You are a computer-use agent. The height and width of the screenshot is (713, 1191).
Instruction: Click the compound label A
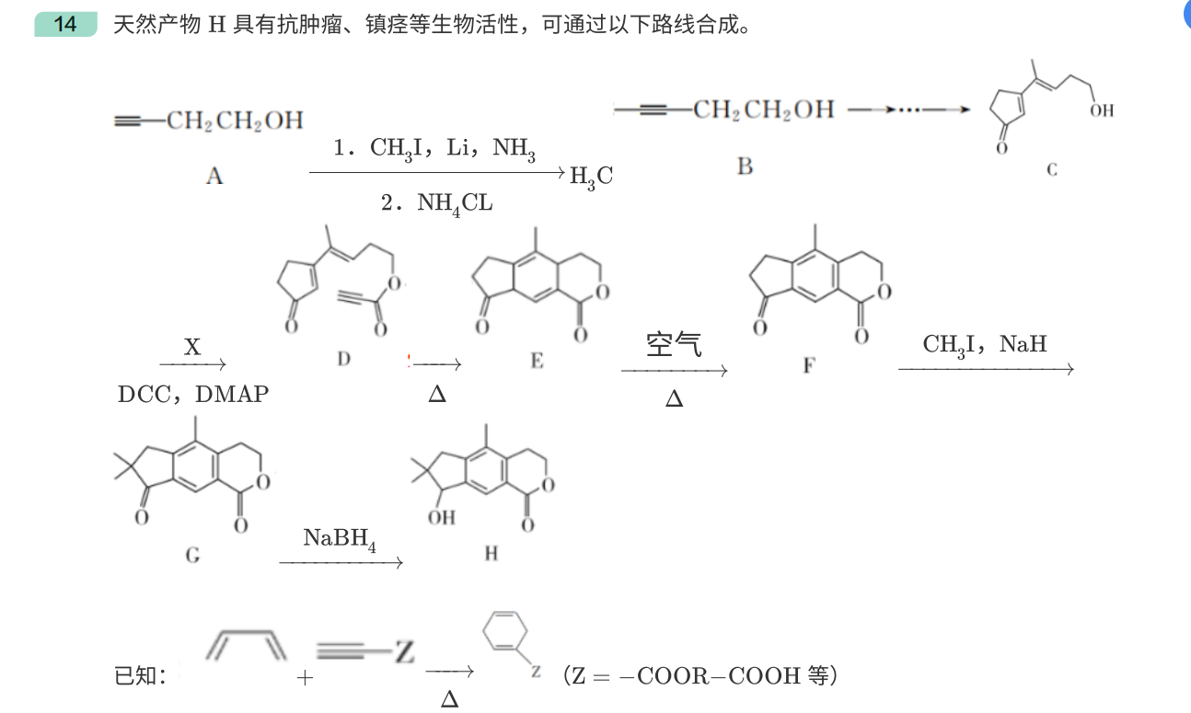(214, 176)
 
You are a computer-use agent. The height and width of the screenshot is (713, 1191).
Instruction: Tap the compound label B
(745, 167)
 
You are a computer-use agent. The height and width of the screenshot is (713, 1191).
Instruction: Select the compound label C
(1052, 170)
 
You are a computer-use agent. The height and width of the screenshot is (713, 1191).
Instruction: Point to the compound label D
(343, 360)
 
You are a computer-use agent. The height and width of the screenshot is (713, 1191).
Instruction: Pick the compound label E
(537, 362)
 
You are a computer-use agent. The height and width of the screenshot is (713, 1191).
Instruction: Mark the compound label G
(192, 555)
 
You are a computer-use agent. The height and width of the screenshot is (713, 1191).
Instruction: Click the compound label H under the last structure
(491, 554)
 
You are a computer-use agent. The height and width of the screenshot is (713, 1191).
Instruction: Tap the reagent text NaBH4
(340, 538)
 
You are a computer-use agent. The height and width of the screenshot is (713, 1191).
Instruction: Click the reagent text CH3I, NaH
(985, 345)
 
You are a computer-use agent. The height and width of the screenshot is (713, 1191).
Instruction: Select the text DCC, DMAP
(193, 395)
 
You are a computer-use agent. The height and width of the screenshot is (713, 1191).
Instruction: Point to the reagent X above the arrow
(192, 347)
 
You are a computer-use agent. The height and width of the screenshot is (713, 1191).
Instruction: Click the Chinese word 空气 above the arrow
(674, 345)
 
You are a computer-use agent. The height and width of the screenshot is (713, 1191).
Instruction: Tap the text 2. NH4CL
(436, 203)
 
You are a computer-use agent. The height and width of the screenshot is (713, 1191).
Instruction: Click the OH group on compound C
(1101, 110)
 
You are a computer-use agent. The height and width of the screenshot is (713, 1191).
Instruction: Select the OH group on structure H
(441, 517)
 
